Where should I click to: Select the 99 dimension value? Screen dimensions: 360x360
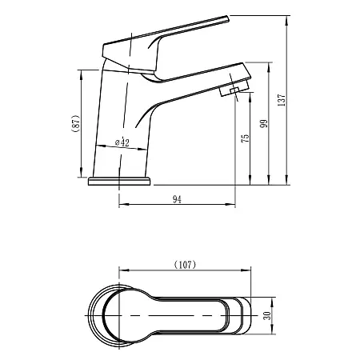265,124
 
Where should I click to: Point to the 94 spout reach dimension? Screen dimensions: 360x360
178,201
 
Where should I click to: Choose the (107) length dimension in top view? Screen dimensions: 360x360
185,263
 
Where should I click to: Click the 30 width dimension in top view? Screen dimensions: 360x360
267,314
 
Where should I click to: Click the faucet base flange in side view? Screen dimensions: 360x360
118,181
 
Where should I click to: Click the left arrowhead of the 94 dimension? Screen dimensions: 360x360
122,208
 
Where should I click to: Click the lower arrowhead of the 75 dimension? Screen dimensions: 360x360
252,179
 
